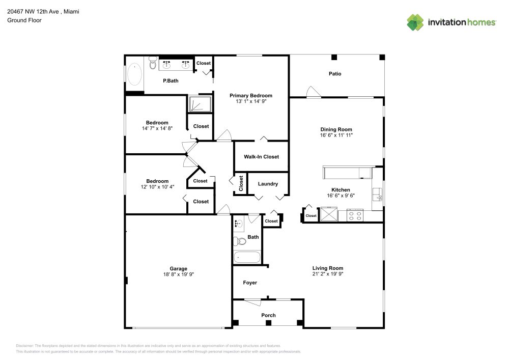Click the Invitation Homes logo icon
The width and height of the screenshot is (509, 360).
tap(415, 22)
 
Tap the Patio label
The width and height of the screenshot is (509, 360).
tap(334, 74)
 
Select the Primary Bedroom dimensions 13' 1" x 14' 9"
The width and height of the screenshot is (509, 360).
tap(250, 101)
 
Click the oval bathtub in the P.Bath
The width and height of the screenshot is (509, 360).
tap(134, 74)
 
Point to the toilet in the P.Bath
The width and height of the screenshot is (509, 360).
tap(153, 63)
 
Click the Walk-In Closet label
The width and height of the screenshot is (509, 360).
tap(261, 157)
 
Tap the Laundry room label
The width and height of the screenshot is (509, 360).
tap(268, 184)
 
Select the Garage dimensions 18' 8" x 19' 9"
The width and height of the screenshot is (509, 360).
tap(178, 274)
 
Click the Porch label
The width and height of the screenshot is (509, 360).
tap(268, 315)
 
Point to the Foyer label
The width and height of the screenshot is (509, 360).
tap(250, 283)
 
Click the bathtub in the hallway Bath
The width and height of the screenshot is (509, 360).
tap(247, 257)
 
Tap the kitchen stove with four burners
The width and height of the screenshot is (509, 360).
tap(354, 215)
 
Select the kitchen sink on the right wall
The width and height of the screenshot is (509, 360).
tap(378, 195)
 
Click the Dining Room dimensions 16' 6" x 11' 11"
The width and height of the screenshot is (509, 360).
tap(336, 135)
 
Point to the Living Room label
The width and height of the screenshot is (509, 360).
tap(327, 268)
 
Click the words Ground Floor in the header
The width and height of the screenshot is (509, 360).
tap(24, 20)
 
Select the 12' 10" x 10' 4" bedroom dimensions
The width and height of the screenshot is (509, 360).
tap(157, 187)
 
